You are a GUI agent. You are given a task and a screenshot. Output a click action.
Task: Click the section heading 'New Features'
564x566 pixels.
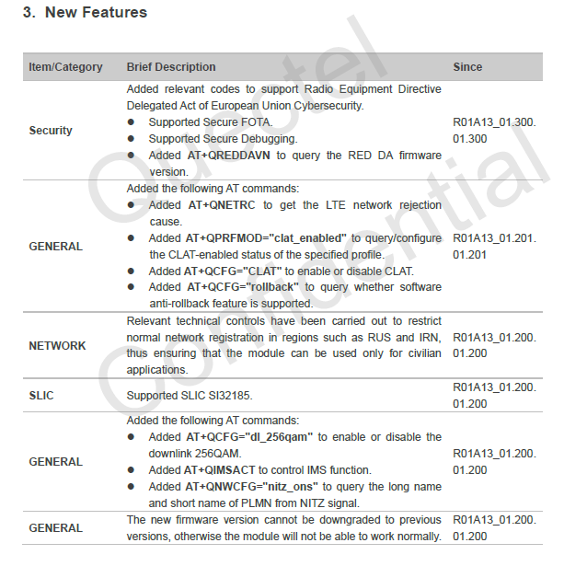(x=97, y=14)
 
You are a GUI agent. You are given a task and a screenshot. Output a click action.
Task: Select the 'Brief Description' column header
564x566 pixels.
(x=171, y=67)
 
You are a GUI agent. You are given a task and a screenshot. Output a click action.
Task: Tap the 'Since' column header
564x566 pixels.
(x=467, y=67)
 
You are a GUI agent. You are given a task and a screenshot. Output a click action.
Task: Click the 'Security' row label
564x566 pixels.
(x=51, y=131)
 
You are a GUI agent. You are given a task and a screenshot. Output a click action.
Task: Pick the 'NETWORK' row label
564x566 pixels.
(x=57, y=346)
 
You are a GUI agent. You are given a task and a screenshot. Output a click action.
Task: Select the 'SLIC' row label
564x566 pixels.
(x=41, y=396)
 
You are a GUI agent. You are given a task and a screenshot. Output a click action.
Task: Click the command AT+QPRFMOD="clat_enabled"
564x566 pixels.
(x=268, y=238)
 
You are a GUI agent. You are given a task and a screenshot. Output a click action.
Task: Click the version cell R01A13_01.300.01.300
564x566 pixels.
(x=490, y=131)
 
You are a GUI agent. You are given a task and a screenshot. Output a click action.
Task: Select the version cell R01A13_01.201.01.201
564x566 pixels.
(x=490, y=246)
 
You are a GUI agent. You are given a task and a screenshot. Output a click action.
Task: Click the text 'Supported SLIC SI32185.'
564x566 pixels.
(x=188, y=396)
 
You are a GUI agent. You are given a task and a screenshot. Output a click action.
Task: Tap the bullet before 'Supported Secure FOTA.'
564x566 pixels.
(x=132, y=122)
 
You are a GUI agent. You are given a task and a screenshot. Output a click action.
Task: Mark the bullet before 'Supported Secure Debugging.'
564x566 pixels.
(x=132, y=139)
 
